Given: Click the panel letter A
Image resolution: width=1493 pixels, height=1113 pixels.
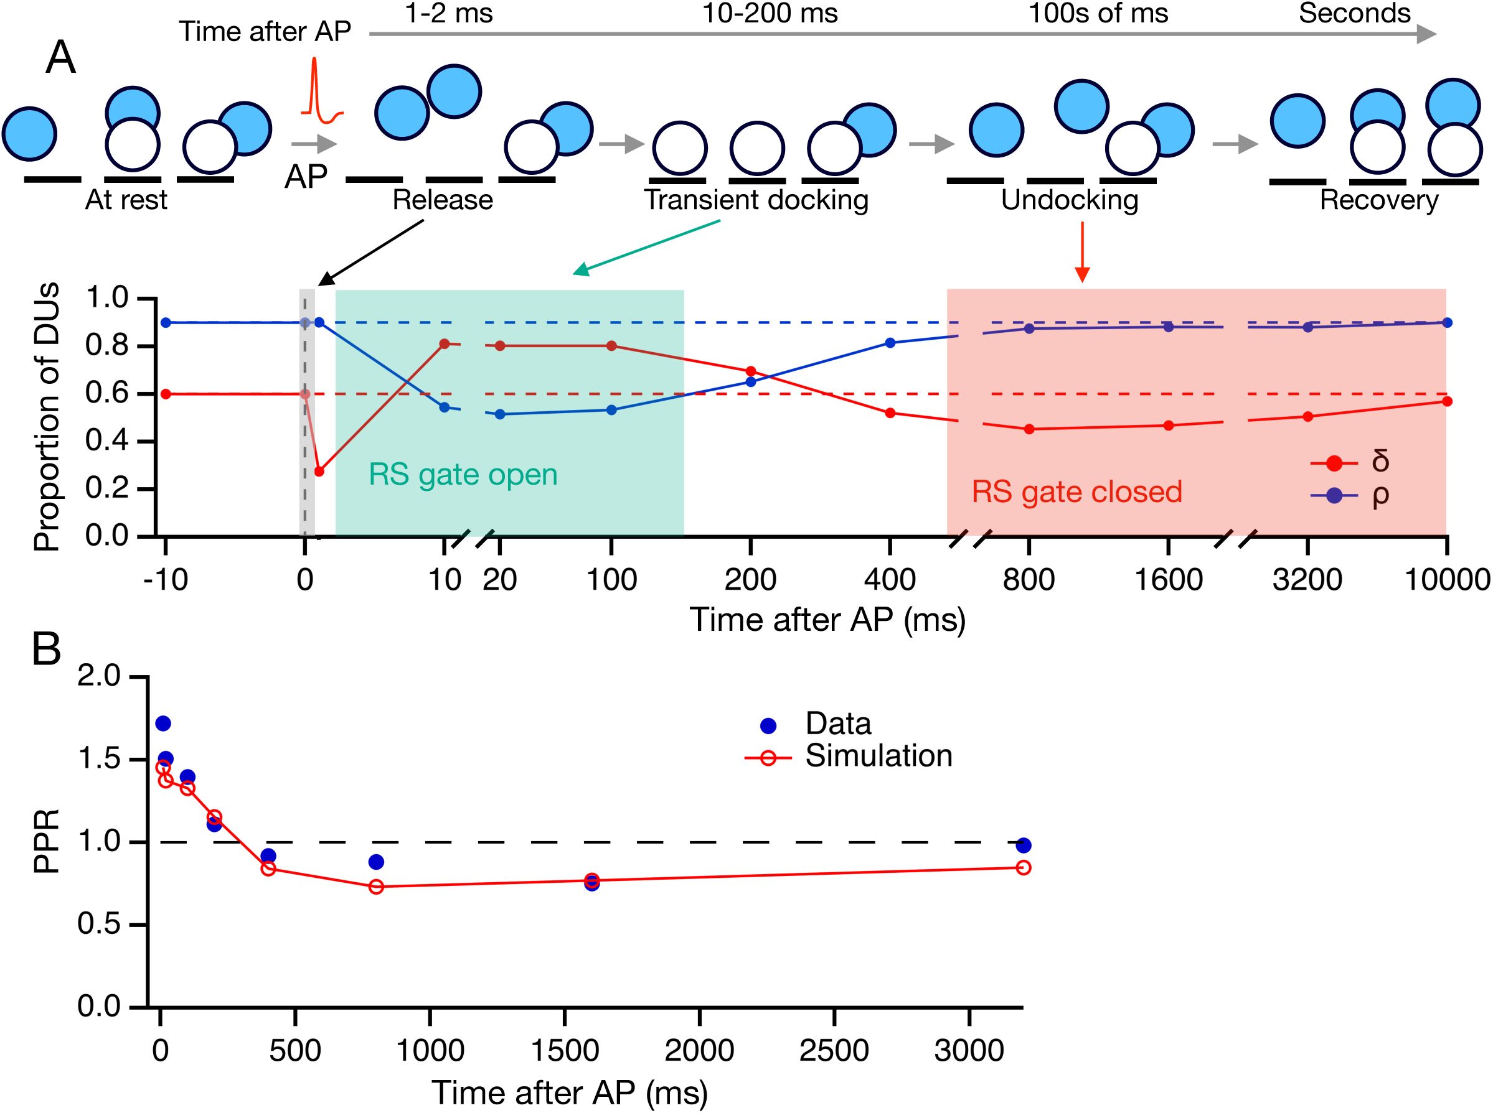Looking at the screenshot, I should click(60, 58).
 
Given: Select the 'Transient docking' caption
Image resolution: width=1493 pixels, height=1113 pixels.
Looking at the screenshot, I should click(756, 200).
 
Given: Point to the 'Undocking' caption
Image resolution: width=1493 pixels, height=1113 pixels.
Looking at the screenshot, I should click(1069, 200).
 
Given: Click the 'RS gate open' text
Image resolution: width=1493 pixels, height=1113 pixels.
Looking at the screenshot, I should click(463, 475).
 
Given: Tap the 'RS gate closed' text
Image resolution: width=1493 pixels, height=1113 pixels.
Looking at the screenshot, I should click(1076, 492).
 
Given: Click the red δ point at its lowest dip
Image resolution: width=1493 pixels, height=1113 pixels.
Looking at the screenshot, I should click(319, 471).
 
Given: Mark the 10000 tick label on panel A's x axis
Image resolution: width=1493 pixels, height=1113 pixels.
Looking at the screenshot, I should click(1446, 579).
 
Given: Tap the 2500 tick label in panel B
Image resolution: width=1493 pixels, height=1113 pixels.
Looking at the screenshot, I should click(834, 1050).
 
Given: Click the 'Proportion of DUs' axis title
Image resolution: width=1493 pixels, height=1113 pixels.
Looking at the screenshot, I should click(47, 417).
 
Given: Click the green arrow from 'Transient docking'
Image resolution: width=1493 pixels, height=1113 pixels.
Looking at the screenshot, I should click(646, 248).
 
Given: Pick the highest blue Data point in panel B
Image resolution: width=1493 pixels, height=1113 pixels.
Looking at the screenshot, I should click(163, 724).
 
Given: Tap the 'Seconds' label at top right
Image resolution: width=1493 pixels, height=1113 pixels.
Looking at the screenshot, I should click(1354, 14).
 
